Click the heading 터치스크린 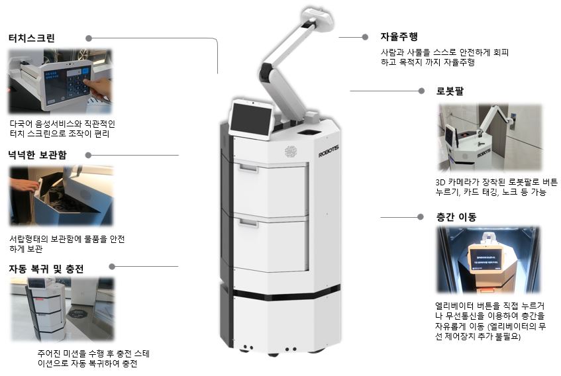click(x=32, y=38)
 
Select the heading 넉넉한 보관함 click(x=38, y=155)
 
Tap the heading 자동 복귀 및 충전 click(x=46, y=269)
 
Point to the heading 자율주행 click(x=399, y=36)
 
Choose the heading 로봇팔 click(x=450, y=91)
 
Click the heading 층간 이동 click(x=456, y=216)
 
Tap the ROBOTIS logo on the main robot click(x=329, y=150)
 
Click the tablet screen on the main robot click(x=250, y=119)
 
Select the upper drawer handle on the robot click(x=248, y=167)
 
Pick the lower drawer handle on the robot click(x=248, y=222)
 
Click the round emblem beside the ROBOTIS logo click(x=291, y=152)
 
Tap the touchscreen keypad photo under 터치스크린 click(x=60, y=81)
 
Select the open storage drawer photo click(x=61, y=195)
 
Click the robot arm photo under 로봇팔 click(x=490, y=137)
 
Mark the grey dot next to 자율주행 click(x=365, y=37)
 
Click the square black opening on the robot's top click(x=307, y=132)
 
